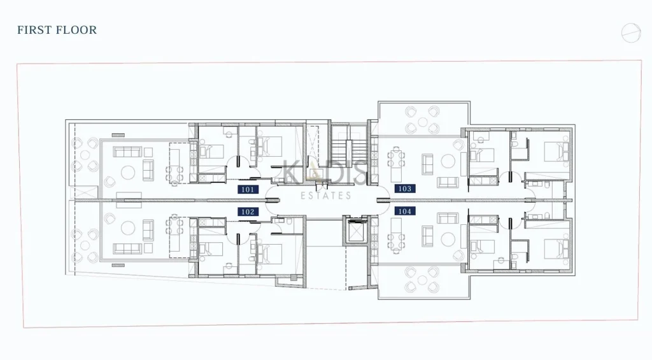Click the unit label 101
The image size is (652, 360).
(248, 189)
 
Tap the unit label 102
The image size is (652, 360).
(248, 212)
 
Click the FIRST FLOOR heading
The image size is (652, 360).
(57, 30)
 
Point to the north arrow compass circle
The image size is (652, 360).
(630, 32)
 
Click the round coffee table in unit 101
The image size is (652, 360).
(126, 171)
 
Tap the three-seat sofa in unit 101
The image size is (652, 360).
(127, 152)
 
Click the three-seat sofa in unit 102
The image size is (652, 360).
(127, 248)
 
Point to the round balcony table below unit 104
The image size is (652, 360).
(422, 280)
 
